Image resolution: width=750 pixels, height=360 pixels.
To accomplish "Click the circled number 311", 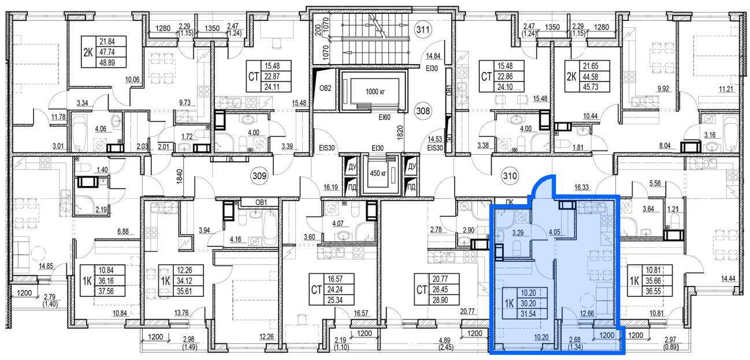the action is (x=423, y=29).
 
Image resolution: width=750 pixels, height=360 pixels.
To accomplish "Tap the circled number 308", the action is (x=423, y=110).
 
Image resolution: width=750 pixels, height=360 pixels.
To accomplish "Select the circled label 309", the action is (x=259, y=176).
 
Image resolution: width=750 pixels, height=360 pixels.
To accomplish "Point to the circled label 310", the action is (x=510, y=176).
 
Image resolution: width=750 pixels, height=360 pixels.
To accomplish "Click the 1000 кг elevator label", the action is (x=375, y=91).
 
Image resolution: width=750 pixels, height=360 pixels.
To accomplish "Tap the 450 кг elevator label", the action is (x=378, y=173).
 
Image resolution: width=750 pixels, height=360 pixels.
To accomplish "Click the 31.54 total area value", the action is (x=528, y=314).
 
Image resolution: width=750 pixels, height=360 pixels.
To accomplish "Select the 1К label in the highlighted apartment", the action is (x=509, y=304).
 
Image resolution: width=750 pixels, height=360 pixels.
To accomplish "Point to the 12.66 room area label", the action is (x=586, y=314).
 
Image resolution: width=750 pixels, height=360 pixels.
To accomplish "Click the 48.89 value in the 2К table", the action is (x=107, y=62).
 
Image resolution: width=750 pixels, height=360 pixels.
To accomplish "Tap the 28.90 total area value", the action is (x=440, y=300).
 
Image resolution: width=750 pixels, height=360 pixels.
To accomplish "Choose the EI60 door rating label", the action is (x=384, y=117).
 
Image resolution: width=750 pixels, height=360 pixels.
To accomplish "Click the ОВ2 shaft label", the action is (x=325, y=88).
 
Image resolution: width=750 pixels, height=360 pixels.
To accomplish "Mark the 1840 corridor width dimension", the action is (x=180, y=176).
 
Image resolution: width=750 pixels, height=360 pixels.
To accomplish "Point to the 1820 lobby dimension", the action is (x=400, y=132).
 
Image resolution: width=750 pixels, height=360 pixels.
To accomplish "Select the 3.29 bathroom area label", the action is (x=518, y=233).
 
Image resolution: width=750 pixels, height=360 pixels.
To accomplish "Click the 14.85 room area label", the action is (x=46, y=266).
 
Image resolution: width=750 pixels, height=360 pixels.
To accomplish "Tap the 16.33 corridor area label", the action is (x=581, y=187).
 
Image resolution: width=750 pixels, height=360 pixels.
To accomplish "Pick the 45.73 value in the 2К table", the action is (x=590, y=87).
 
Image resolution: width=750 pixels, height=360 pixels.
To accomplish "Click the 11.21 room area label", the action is (x=726, y=90).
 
